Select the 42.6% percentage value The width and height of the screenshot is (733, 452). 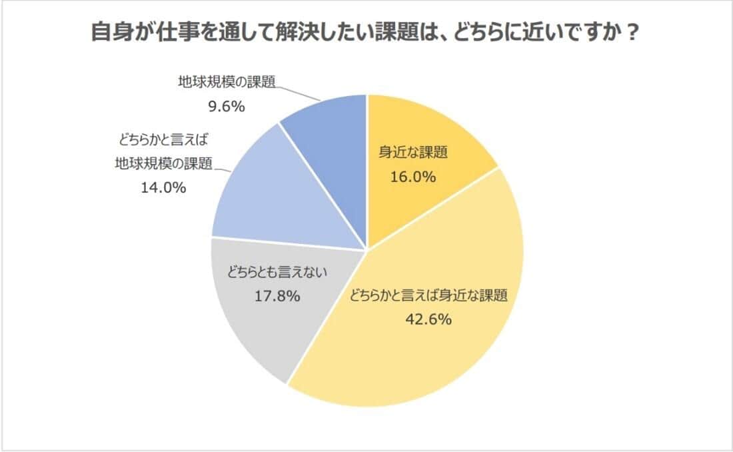[x=429, y=319]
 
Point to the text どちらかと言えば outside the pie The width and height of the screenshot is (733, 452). [x=163, y=141]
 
